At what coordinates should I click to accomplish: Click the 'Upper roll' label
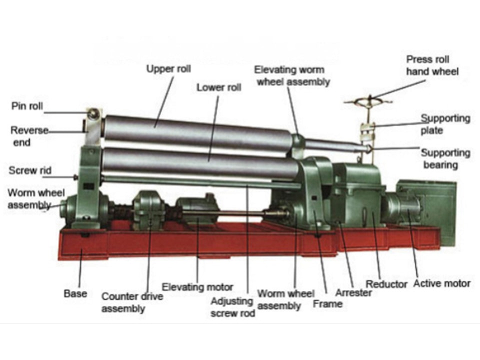pos(168,69)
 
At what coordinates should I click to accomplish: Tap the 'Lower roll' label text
pos(219,87)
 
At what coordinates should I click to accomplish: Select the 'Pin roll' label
pos(27,106)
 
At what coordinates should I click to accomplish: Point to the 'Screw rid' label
pos(30,170)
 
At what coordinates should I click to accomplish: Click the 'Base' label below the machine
pos(75,293)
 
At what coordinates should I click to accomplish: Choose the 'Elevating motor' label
pos(197,287)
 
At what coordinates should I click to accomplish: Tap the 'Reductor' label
pos(386,284)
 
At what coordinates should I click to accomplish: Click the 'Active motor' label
pos(441,283)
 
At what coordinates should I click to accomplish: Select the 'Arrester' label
pos(353,292)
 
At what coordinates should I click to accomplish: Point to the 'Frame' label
pos(327,303)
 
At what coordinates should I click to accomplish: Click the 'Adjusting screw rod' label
pos(232,307)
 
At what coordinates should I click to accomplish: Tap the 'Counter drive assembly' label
pos(132,302)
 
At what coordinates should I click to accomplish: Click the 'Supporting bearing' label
pos(445,158)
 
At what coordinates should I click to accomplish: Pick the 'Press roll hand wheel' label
pos(432,65)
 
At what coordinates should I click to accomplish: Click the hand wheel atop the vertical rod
pos(368,100)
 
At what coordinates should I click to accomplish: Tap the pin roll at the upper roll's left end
pos(93,113)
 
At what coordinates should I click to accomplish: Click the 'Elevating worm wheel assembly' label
pos(292,76)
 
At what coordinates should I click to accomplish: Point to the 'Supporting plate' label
pos(445,124)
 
